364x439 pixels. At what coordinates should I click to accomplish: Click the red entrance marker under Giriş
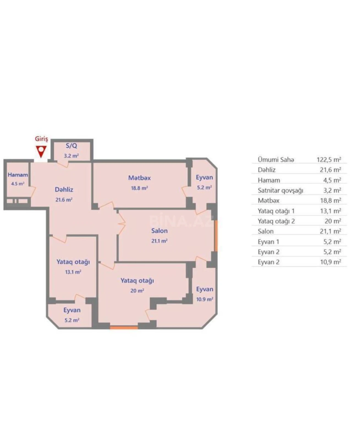tap(41, 151)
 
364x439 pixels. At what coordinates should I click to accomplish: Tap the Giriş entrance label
tap(41, 139)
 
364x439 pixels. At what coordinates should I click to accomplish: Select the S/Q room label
tap(71, 146)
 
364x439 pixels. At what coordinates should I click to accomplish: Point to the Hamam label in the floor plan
tap(18, 175)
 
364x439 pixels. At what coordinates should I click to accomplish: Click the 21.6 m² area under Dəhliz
tap(64, 200)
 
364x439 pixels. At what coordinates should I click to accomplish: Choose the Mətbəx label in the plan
tap(139, 178)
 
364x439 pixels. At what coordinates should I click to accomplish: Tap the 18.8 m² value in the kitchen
tap(139, 188)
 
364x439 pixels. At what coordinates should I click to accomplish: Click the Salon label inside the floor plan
tap(159, 231)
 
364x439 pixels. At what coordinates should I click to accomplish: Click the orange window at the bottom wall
tap(124, 327)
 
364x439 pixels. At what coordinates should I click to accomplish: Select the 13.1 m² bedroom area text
tap(73, 272)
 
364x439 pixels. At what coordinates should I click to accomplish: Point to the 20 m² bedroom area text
tap(137, 291)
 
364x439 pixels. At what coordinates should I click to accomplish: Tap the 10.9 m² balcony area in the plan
tap(205, 299)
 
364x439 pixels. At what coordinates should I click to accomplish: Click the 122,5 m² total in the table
tap(329, 160)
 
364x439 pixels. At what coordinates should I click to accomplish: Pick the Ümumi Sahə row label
tap(276, 160)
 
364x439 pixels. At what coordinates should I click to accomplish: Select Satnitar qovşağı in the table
tap(280, 190)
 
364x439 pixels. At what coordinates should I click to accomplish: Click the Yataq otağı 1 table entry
tap(276, 211)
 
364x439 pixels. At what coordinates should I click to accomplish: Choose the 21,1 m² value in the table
tap(330, 231)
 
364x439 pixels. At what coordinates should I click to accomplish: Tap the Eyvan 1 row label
tap(268, 242)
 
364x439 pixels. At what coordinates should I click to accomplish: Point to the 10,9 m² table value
tap(330, 262)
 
